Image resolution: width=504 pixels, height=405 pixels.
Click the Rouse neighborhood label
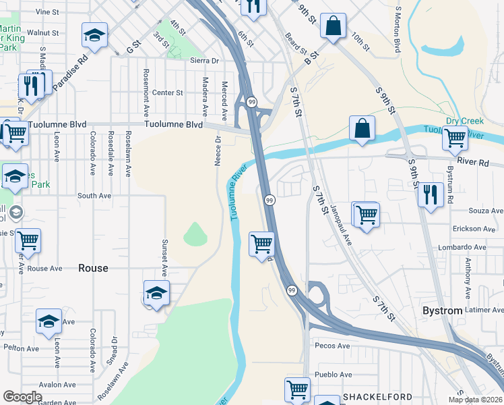[93, 268]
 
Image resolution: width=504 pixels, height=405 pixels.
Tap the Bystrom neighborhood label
[442, 310]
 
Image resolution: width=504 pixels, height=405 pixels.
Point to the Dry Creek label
[465, 122]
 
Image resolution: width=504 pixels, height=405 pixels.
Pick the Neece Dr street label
[218, 150]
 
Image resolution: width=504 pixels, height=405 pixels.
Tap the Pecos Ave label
[332, 346]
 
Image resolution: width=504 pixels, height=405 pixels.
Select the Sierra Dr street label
[206, 60]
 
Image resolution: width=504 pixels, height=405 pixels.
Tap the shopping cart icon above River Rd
[455, 138]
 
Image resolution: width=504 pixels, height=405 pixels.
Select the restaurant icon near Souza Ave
[430, 194]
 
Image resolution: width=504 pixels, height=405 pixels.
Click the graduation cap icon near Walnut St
[95, 34]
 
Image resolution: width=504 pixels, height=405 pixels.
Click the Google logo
[22, 397]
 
